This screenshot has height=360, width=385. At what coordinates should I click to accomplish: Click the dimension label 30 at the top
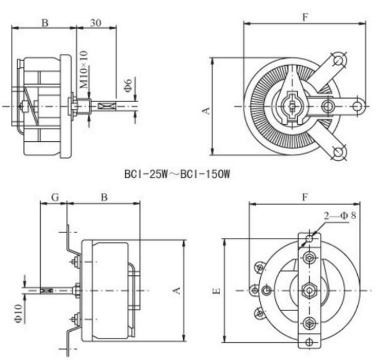pos(95,23)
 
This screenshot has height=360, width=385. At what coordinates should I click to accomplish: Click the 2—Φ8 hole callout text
pos(340,216)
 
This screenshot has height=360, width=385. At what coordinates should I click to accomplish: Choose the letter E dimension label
pos(217,291)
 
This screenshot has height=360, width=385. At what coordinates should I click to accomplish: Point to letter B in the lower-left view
pos(104,197)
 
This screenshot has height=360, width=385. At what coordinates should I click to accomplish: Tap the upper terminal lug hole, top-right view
pos(339,60)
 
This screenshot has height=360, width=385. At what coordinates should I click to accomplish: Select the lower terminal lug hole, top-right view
pos(339,152)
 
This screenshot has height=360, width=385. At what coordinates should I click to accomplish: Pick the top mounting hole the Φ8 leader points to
pos(310,239)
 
